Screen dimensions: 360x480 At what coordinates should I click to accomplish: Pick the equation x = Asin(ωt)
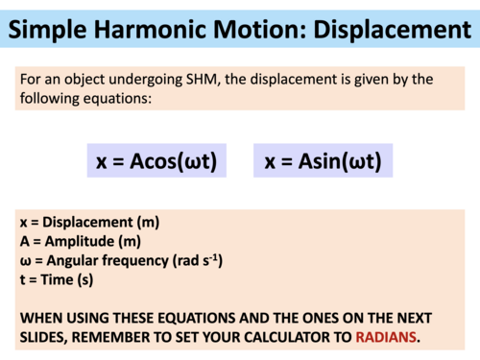[x=323, y=161]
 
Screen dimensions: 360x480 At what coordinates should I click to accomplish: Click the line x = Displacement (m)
[x=89, y=222]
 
